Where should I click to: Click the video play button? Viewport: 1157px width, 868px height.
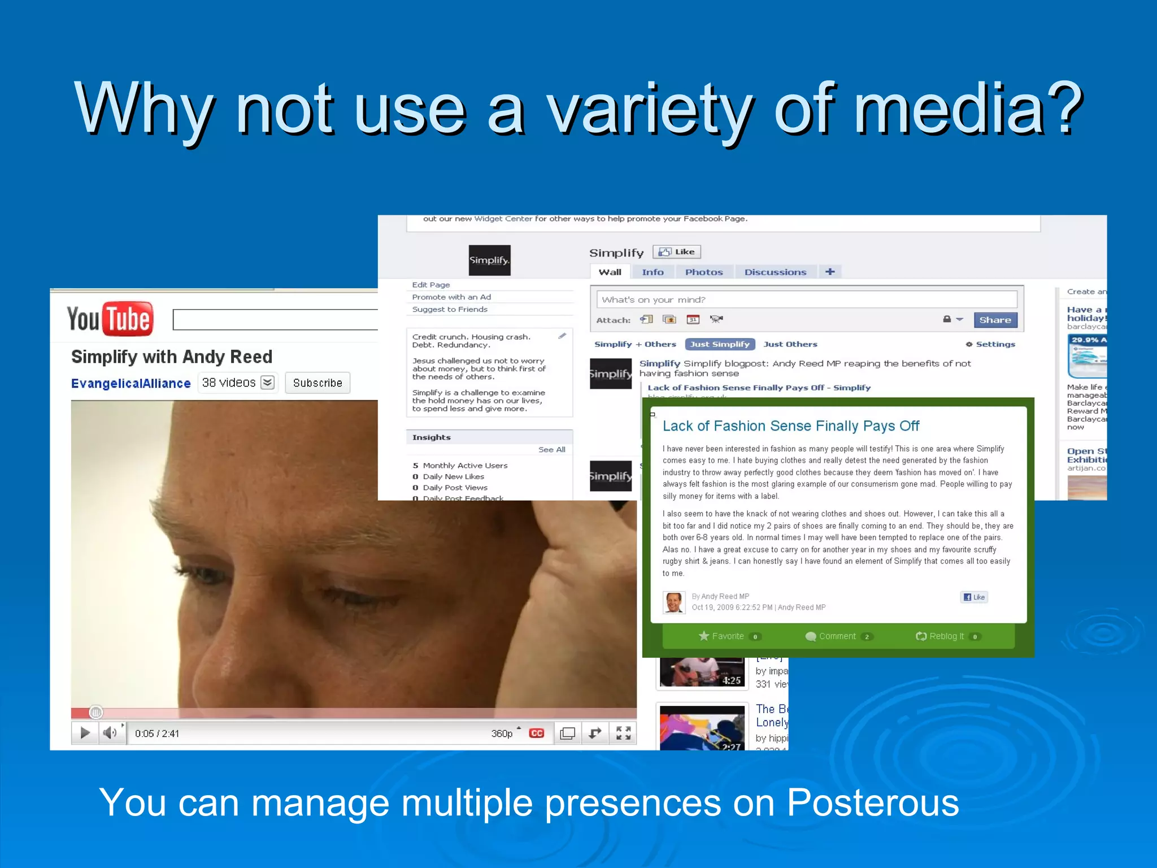coord(85,733)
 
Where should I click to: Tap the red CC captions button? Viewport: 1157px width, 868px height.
coord(536,733)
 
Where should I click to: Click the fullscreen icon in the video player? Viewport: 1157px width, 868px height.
coord(623,733)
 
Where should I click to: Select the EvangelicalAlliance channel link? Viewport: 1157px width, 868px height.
coord(131,383)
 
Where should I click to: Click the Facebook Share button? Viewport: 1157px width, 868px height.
coord(995,320)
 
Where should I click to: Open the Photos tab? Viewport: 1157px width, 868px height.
coord(704,272)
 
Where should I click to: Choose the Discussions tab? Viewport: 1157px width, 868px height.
coord(775,272)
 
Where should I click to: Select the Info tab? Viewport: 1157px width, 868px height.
coord(653,272)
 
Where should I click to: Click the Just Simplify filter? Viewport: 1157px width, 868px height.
coord(720,344)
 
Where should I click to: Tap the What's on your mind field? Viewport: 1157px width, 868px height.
coord(806,300)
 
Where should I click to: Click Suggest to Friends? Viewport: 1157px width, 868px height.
coord(450,309)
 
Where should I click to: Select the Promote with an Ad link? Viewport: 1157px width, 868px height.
coord(451,297)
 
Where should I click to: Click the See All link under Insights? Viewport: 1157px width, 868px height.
coord(551,450)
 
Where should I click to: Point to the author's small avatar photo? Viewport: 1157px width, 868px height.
coord(674,602)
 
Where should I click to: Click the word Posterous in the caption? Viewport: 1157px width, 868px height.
coord(873,802)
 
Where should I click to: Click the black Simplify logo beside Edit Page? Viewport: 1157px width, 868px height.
coord(489,261)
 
